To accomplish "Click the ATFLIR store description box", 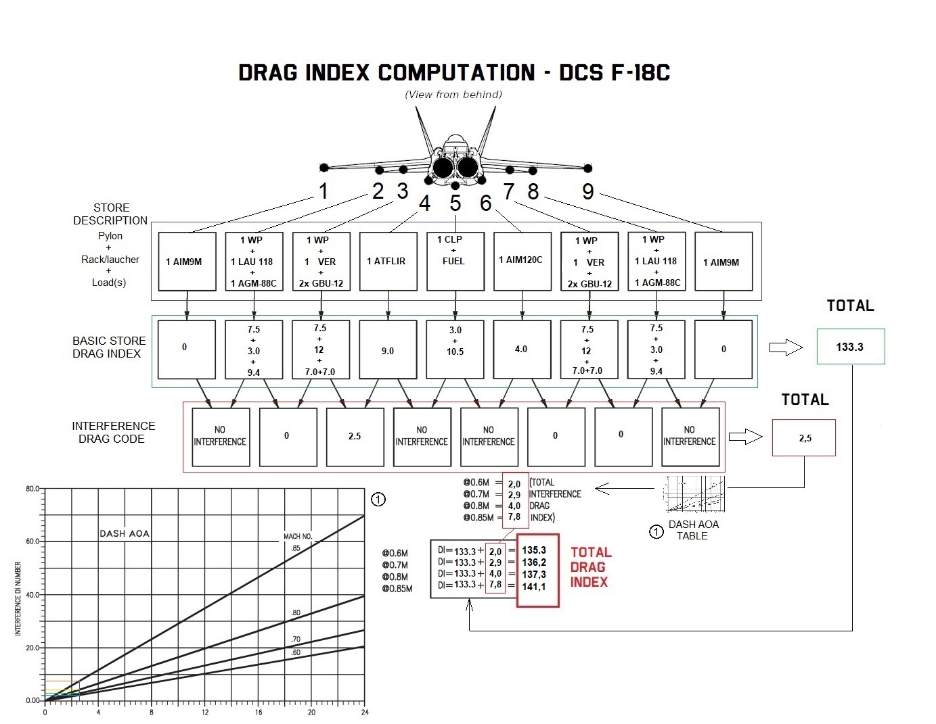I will point(388,262).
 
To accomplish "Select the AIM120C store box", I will point(522,261).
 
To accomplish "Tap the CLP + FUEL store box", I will point(455,261).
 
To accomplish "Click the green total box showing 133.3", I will point(850,347).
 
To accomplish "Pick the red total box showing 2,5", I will point(804,438).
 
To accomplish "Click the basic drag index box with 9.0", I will point(388,349).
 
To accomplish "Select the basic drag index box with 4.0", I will point(522,349).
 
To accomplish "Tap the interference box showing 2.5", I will point(355,437).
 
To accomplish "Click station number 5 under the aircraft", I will point(455,203).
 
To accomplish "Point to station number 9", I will point(588,192).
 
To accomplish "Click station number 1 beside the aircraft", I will point(324,191).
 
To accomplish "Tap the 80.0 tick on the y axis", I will point(32,488).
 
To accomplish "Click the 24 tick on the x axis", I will point(364,713).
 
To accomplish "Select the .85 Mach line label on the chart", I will point(296,548).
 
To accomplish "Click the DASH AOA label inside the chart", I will point(125,533).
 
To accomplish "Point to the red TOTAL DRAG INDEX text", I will point(590,567).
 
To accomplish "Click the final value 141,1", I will point(534,587).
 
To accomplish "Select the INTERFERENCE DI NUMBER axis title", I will point(18,599).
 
